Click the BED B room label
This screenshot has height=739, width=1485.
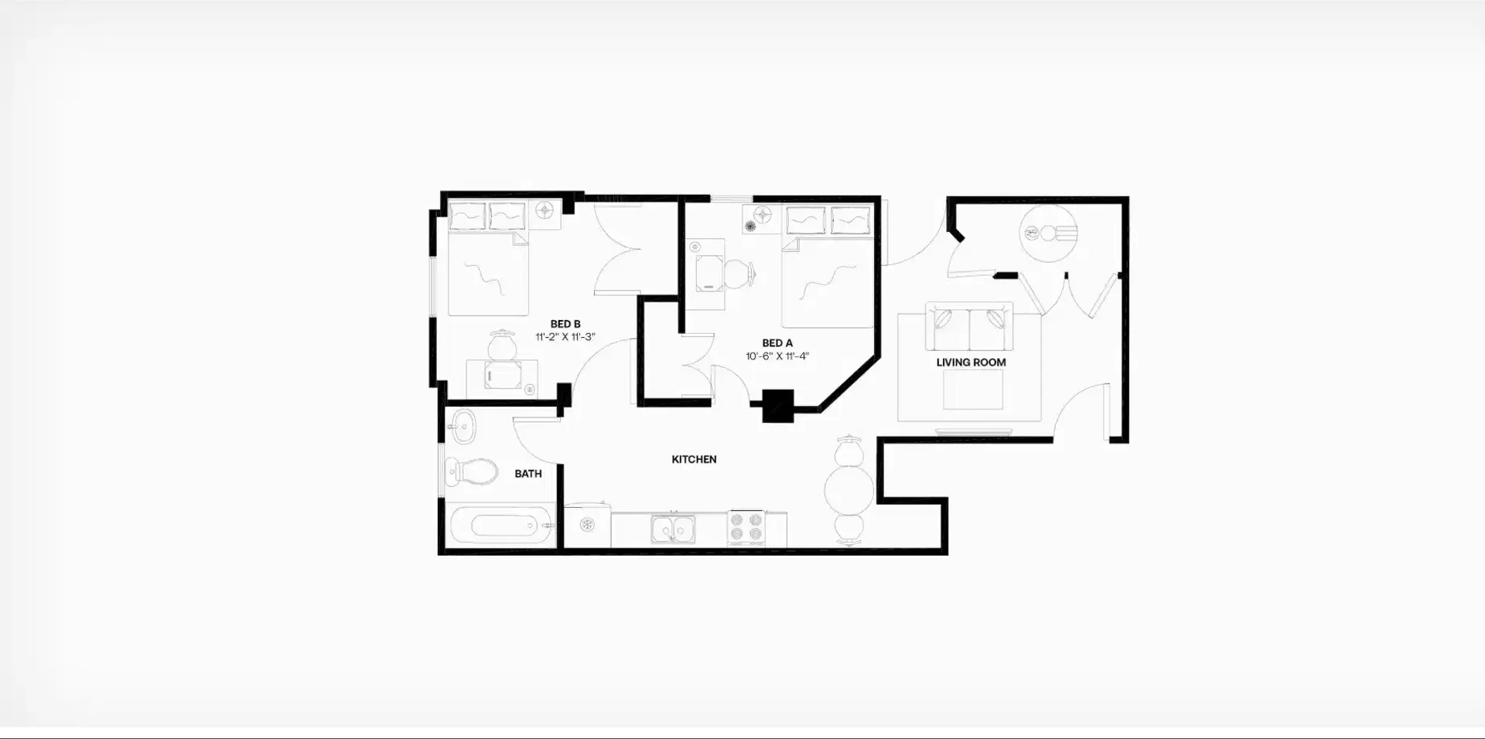(565, 324)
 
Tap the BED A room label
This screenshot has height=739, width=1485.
(777, 343)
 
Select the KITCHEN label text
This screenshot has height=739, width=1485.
(694, 459)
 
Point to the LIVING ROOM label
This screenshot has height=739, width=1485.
(971, 362)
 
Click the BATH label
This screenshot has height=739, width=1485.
(528, 474)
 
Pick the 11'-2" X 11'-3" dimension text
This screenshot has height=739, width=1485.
(565, 337)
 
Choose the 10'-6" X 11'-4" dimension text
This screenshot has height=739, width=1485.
(777, 356)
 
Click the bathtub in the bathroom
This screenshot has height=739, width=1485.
(501, 526)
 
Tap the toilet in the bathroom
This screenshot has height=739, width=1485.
(471, 472)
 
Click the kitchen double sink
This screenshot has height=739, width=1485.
(672, 530)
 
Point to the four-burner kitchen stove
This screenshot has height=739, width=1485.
(746, 530)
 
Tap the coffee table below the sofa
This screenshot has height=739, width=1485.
(973, 390)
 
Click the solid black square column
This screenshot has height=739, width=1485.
(779, 406)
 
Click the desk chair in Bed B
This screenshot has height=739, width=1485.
(503, 345)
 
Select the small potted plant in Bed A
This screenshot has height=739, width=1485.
(749, 226)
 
